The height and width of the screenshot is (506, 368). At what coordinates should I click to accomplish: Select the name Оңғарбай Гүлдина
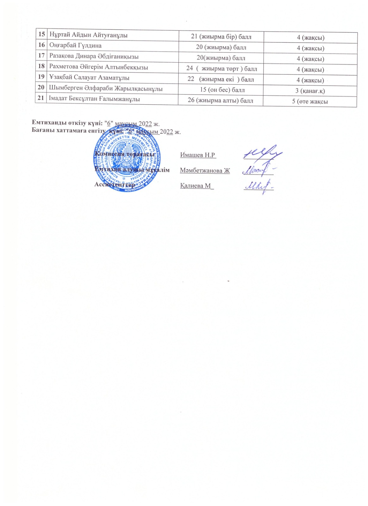tap(75, 46)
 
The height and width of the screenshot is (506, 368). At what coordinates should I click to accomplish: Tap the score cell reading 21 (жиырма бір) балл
tap(221, 37)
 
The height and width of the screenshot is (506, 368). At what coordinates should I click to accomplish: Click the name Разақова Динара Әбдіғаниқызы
tap(94, 57)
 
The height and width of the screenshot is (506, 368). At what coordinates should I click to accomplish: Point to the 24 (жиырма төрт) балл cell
tap(221, 69)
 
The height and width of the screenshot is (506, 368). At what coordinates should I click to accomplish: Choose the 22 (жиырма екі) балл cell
tap(221, 79)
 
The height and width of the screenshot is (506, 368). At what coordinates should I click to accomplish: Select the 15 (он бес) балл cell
tap(222, 90)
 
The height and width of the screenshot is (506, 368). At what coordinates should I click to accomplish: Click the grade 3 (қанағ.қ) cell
tap(310, 91)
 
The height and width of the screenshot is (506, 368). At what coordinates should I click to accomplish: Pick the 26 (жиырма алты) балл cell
tap(220, 101)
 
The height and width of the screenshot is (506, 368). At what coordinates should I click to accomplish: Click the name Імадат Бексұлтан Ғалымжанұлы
tap(94, 99)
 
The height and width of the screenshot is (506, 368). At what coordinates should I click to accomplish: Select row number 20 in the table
tap(41, 88)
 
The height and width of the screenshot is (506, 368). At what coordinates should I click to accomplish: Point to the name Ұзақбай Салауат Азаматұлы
tap(89, 78)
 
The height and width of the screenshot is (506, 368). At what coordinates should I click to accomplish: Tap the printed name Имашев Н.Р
tap(198, 155)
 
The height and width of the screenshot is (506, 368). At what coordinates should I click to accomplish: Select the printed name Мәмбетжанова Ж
tap(205, 171)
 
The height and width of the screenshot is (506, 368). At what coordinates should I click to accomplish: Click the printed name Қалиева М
tap(196, 186)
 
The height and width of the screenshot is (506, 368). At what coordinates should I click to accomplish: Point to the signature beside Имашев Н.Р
tap(263, 153)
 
